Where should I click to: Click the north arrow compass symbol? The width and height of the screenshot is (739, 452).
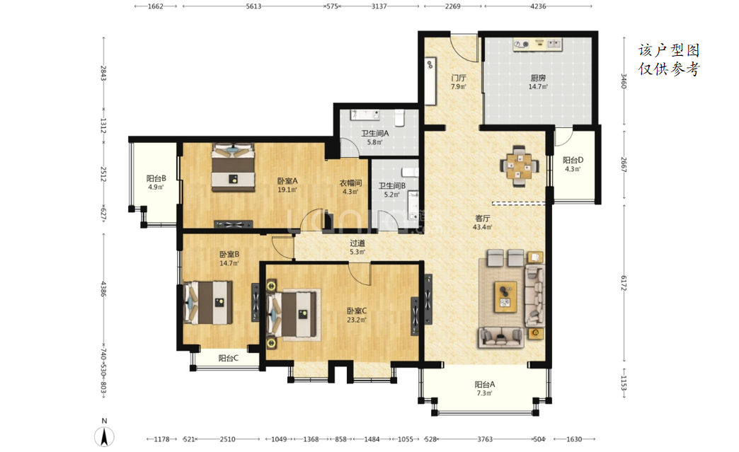104,436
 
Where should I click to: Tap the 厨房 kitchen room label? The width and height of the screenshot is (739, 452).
538,78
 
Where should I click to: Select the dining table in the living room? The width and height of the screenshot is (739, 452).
519,166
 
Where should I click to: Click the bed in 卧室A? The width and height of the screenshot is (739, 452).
233,167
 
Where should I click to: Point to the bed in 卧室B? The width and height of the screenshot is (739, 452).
208,302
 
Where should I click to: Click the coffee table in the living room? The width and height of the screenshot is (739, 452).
505,296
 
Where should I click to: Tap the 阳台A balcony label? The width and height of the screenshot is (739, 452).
484,384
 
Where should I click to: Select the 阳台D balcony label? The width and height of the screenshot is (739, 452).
573,160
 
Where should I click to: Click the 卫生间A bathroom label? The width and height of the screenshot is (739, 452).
374,133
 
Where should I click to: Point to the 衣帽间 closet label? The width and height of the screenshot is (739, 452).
350,182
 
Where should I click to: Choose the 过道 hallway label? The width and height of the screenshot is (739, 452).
357,243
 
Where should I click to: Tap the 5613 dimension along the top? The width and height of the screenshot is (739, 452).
253,6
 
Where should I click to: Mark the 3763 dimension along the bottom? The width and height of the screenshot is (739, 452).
484,439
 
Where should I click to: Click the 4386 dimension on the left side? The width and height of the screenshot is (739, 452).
103,289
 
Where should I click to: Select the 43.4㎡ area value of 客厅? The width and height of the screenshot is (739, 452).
482,227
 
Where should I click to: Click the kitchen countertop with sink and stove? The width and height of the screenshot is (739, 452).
538,45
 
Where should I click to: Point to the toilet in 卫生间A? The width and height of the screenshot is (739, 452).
400,117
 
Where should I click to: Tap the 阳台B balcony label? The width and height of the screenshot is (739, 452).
156,178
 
